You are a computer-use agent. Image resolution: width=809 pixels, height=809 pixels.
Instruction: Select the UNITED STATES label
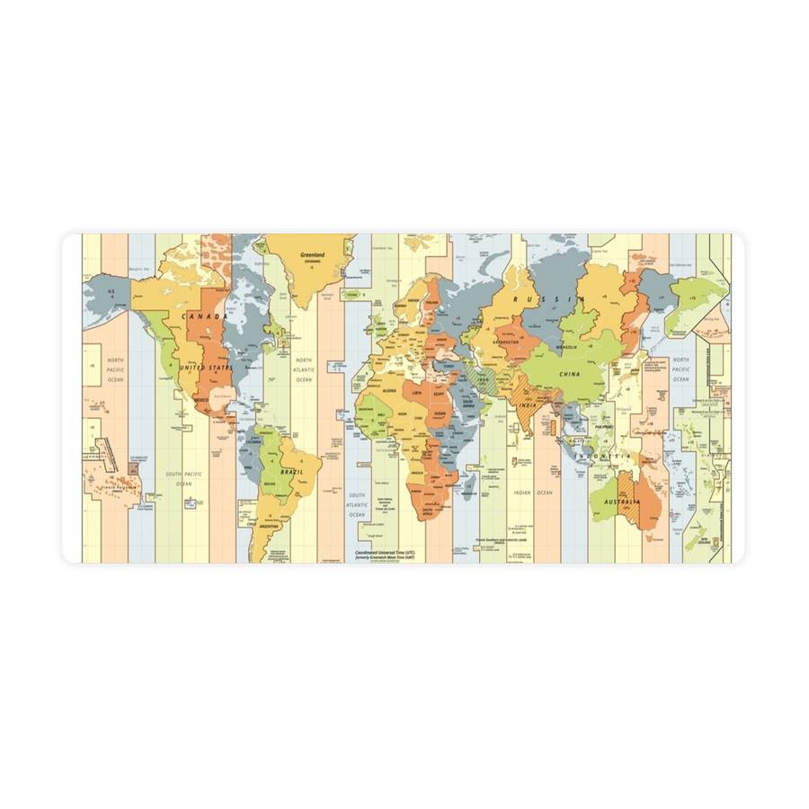pos(205,368)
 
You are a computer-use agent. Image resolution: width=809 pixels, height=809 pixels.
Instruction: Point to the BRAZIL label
pos(289,471)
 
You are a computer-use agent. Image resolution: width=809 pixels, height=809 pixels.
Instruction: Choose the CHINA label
pos(569,374)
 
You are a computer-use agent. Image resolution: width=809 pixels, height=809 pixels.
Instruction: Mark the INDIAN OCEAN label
pos(533,493)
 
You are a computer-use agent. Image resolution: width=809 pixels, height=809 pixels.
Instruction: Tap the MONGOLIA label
pos(567,346)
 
